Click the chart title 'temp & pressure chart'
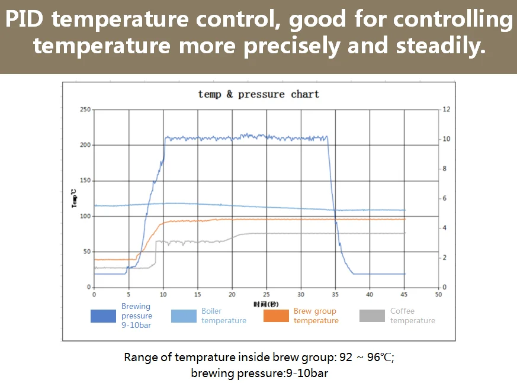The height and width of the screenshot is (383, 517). tap(258, 94)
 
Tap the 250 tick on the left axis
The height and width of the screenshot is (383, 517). tap(86, 110)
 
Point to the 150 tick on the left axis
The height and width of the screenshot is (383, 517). tap(86, 181)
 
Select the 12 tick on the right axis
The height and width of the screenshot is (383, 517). tap(447, 110)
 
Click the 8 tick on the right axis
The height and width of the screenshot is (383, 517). tap(445, 169)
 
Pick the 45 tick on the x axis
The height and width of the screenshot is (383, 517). tap(404, 294)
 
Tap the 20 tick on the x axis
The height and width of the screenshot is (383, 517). tap(232, 294)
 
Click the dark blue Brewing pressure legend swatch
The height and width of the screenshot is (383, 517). tap(103, 316)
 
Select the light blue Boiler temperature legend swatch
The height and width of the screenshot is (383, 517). tap(184, 316)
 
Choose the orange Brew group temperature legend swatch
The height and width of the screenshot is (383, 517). tap(276, 316)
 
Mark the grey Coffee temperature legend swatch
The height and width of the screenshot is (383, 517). tap(372, 316)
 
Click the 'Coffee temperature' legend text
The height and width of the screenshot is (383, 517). tap(412, 316)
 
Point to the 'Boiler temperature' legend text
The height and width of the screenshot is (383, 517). tap(223, 316)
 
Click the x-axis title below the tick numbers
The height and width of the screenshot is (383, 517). tap(266, 304)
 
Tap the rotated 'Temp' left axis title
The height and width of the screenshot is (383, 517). tap(73, 198)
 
